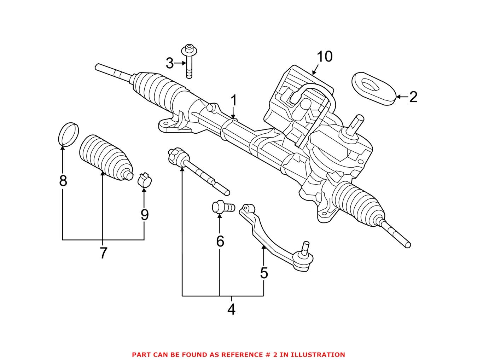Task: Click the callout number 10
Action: [x=324, y=57]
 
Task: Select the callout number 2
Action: [x=413, y=97]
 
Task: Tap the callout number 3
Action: [x=170, y=64]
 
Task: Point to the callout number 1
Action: [x=233, y=101]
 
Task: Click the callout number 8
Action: [x=63, y=181]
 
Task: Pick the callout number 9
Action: [x=144, y=215]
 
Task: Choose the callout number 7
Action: [x=103, y=253]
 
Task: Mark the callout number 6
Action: [x=220, y=242]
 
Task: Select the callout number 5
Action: [x=264, y=273]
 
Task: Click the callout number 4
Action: [x=231, y=309]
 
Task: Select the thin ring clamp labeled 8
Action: [x=68, y=134]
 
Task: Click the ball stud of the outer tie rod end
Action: [x=305, y=246]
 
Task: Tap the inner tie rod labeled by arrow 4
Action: [x=198, y=171]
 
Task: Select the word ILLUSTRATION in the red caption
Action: [x=319, y=354]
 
